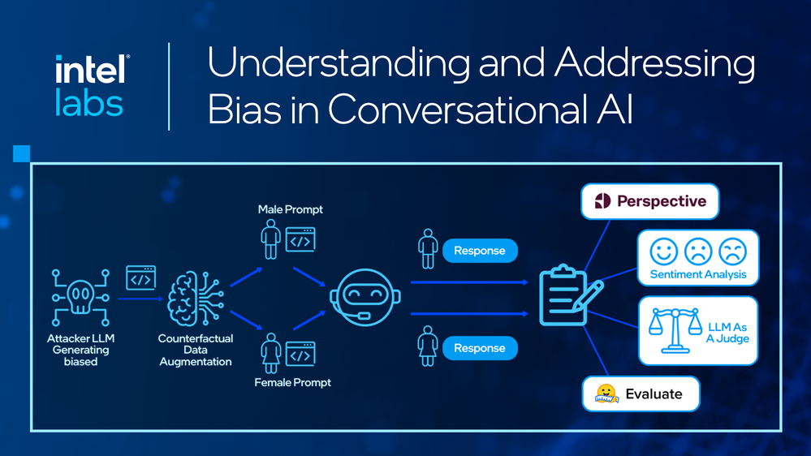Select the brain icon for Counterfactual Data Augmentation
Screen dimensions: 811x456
[196, 299]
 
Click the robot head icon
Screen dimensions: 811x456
[365, 297]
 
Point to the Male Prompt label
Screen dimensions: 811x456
[290, 209]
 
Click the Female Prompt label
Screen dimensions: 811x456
[293, 383]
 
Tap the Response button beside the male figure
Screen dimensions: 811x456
[480, 251]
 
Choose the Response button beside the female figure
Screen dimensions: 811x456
[480, 348]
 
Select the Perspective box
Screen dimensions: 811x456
[650, 201]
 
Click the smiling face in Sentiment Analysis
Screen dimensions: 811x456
[663, 252]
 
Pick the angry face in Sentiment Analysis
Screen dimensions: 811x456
[732, 252]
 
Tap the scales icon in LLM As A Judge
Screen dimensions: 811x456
[675, 330]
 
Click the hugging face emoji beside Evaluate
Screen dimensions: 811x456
[606, 394]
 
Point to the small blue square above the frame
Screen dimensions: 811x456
[21, 153]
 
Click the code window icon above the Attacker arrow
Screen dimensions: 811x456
[140, 278]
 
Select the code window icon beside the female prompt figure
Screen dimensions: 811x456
[300, 354]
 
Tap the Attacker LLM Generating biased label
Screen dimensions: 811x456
[80, 350]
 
